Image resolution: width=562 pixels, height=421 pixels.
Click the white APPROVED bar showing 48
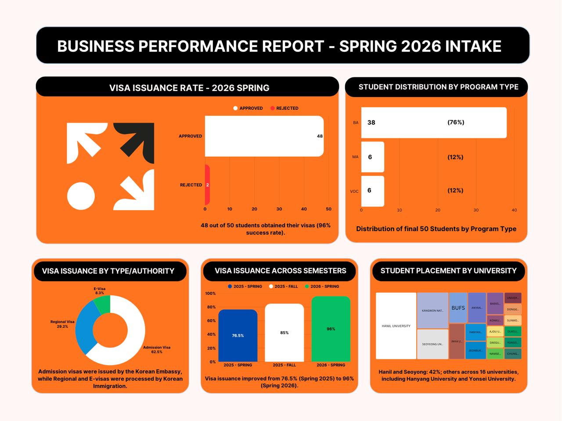264,136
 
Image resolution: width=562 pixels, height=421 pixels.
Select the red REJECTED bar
207,185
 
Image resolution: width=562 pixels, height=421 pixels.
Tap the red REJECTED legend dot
273,108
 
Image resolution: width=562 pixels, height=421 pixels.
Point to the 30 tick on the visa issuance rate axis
279,209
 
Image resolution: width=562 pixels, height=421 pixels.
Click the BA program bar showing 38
433,123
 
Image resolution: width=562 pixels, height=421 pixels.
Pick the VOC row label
354,192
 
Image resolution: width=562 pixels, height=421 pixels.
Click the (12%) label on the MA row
455,157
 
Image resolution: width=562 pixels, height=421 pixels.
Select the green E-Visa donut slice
102,304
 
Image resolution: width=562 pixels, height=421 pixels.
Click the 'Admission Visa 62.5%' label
157,349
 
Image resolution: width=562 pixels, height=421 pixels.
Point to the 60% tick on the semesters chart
211,321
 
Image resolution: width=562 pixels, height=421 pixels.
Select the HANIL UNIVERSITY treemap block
396,326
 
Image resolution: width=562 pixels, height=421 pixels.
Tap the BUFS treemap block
458,308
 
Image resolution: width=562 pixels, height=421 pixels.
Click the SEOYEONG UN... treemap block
432,344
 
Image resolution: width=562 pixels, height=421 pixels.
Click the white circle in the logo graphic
81,196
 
